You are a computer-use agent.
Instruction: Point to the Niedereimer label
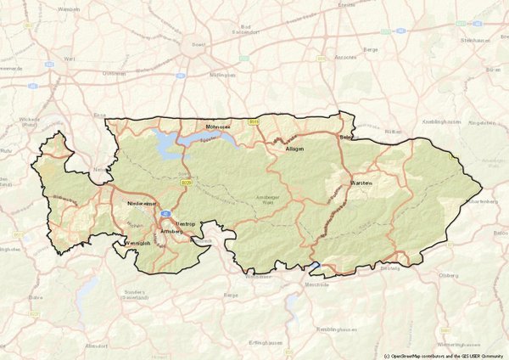(142, 205)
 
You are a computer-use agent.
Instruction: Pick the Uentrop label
(184, 223)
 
